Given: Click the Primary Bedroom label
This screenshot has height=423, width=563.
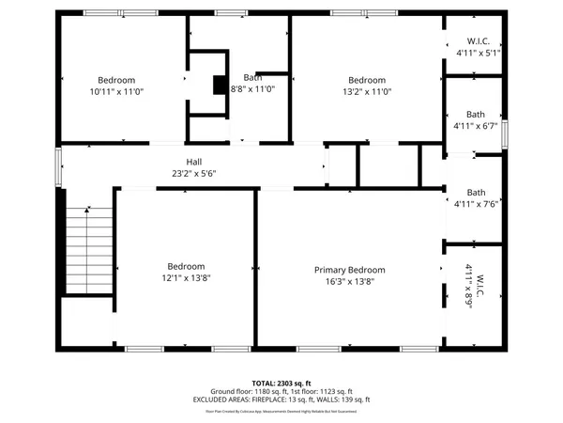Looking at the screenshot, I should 349,270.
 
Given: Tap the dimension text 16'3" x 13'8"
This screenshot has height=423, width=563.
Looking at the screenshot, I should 349,281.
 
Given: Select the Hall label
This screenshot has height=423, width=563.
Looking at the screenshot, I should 193,162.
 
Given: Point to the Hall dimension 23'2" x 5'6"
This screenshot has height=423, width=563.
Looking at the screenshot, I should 193,173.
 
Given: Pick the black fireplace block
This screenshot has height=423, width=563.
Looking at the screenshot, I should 221,86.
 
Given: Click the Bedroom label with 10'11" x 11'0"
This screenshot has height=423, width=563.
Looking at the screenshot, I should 112,80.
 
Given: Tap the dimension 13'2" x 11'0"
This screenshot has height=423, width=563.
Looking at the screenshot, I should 367,91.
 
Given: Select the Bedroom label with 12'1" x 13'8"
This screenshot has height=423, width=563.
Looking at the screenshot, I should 187,265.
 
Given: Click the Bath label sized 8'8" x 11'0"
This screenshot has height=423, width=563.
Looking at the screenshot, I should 252,77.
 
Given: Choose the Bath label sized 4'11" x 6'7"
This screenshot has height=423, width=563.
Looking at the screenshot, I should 476,114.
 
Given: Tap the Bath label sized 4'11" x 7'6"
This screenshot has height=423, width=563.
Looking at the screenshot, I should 476,193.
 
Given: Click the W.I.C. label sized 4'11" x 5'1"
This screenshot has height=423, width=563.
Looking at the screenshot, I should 479,41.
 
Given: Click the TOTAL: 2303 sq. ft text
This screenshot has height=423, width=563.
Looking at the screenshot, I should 281,384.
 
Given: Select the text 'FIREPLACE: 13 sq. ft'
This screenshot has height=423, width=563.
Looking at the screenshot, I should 285,399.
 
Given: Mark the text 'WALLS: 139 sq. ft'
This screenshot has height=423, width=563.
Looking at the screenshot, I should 342,399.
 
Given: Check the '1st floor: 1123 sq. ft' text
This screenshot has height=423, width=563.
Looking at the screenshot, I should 323,391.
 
